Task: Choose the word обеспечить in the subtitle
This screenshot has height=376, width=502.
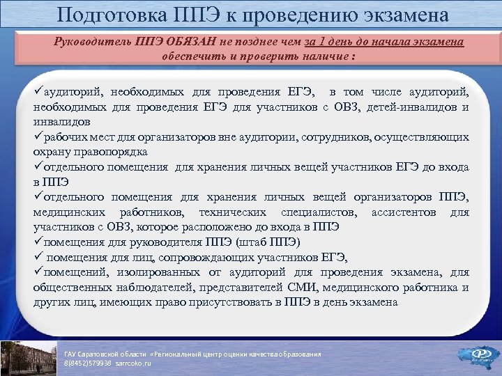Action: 192,55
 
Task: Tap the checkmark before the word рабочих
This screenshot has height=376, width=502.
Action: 38,137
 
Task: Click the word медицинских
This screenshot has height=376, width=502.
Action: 70,212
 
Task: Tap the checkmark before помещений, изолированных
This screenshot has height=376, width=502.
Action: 38,272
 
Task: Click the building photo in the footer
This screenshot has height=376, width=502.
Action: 28,358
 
